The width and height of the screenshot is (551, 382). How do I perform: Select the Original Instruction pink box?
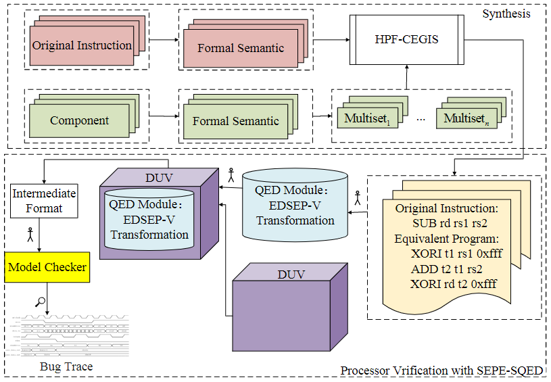coord(82,46)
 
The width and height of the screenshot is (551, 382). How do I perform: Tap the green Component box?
coord(79,121)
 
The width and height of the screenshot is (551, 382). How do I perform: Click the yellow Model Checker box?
coord(47,267)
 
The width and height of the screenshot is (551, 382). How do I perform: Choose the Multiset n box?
coord(466,119)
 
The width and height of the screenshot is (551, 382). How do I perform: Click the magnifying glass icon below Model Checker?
coord(41,302)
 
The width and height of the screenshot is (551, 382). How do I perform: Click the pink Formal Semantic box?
coord(241,48)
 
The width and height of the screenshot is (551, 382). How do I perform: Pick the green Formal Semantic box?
coord(235,121)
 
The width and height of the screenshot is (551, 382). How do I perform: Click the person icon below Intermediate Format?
coord(30,235)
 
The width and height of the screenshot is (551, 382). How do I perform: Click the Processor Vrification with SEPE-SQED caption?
coord(441,371)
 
